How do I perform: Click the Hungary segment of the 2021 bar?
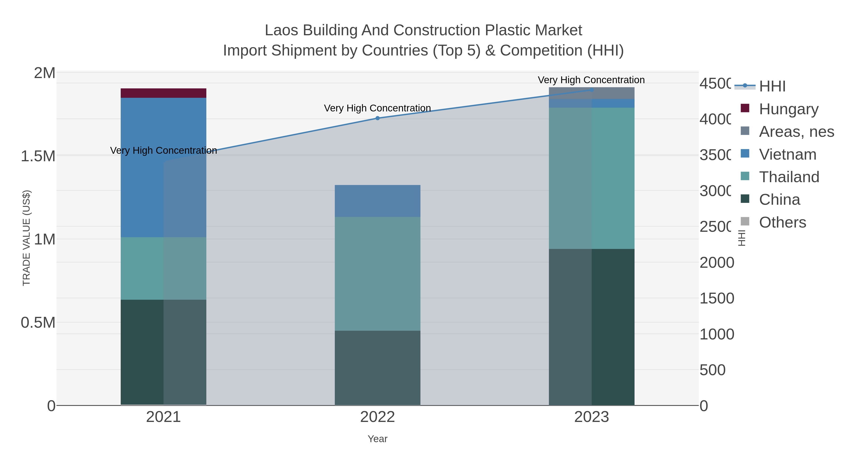click(164, 93)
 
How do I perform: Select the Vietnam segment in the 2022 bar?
click(377, 201)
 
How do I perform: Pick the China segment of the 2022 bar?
click(377, 368)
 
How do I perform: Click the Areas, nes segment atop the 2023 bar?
click(591, 93)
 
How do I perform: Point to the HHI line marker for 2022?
click(377, 118)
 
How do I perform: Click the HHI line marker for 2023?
click(591, 90)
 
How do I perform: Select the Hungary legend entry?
click(788, 109)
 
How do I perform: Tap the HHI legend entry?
click(772, 87)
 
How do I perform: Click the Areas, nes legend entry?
click(796, 132)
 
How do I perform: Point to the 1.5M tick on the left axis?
click(38, 156)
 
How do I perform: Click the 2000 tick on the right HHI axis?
click(716, 263)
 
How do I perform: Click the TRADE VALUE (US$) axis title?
click(26, 238)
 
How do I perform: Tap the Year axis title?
click(377, 439)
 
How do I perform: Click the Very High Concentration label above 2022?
click(377, 108)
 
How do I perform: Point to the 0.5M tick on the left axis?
click(38, 323)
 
